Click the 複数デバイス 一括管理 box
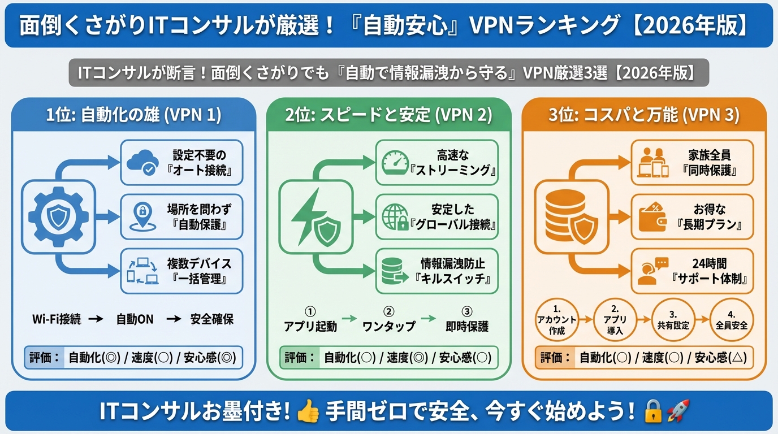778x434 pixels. pos(181,271)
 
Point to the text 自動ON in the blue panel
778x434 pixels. pos(135,319)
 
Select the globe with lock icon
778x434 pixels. pos(395,216)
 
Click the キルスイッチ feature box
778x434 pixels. pos(437,271)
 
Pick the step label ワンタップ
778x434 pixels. pos(388,326)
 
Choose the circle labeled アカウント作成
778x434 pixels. pos(557,320)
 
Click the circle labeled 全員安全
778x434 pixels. pos(732,320)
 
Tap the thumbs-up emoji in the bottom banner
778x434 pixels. pos(308,411)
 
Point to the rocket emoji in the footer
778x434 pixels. pos(678,411)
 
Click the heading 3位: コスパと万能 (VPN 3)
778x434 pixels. pos(643,115)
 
